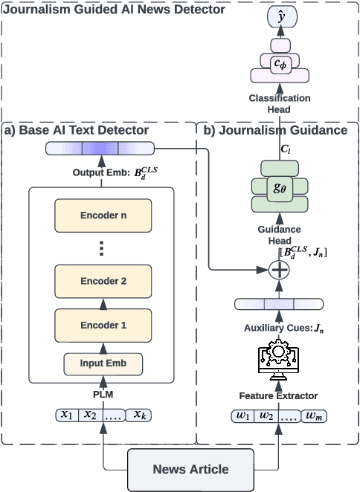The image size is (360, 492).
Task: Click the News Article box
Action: [190, 469]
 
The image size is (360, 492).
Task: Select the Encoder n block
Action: [103, 216]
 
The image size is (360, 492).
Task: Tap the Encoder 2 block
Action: [103, 281]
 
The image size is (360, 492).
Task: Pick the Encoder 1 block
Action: [103, 325]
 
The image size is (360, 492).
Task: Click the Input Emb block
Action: [103, 364]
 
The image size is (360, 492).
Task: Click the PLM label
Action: [103, 393]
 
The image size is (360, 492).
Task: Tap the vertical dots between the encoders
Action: [103, 248]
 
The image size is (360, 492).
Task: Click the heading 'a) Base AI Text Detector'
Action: [77, 130]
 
